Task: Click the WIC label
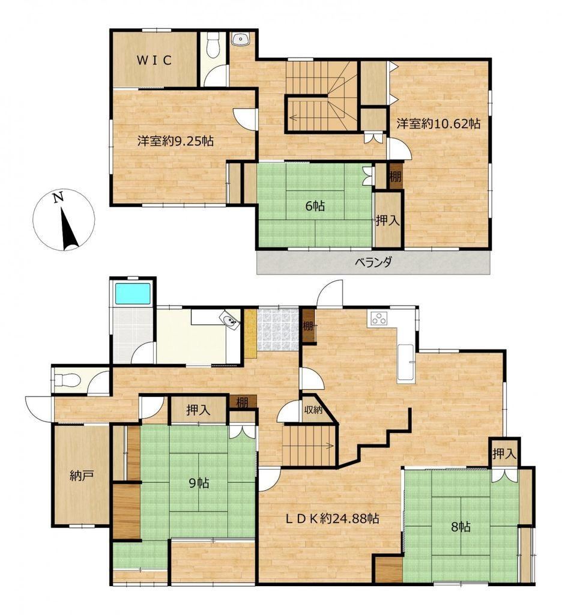[x=154, y=61]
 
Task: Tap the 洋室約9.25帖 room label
[x=175, y=141]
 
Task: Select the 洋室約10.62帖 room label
[x=438, y=124]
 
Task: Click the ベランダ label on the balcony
[x=373, y=262]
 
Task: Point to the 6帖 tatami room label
[x=315, y=206]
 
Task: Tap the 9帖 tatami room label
[x=199, y=483]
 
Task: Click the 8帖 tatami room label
[x=461, y=527]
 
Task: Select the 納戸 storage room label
[x=81, y=476]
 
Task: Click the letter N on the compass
[x=59, y=198]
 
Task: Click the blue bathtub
[x=132, y=292]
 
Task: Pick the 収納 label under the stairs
[x=313, y=410]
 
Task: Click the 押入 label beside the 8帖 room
[x=504, y=454]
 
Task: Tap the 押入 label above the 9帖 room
[x=198, y=410]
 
